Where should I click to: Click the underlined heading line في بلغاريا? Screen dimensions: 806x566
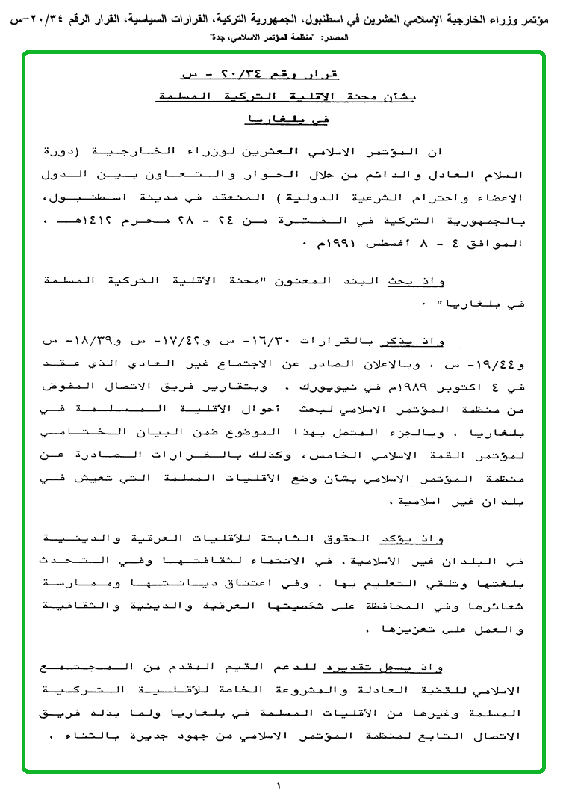point(287,119)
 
